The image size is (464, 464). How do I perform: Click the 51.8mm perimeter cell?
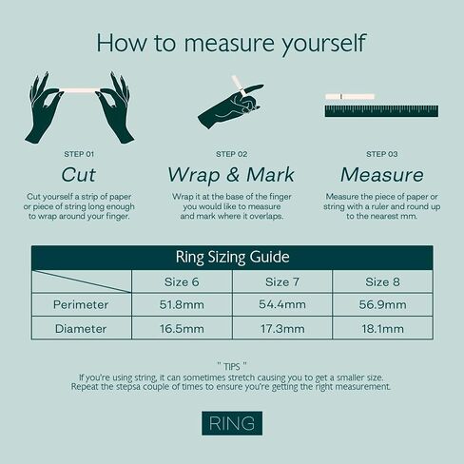pyautogui.click(x=182, y=304)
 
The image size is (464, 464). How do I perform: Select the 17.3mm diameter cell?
pyautogui.click(x=282, y=328)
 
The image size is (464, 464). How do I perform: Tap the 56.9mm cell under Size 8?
pyautogui.click(x=382, y=304)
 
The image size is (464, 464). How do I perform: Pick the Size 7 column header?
pyautogui.click(x=282, y=281)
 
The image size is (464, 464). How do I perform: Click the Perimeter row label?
pyautogui.click(x=81, y=304)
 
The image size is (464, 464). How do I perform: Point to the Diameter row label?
pyautogui.click(x=81, y=329)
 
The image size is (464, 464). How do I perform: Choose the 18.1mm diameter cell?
pyautogui.click(x=382, y=328)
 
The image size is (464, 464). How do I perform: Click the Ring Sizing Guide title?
pyautogui.click(x=232, y=257)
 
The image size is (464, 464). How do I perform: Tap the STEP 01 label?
pyautogui.click(x=79, y=154)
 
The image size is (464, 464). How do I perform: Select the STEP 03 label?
pyautogui.click(x=382, y=154)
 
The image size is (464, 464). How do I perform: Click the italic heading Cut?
pyautogui.click(x=79, y=175)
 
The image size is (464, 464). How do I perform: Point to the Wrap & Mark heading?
pyautogui.click(x=231, y=175)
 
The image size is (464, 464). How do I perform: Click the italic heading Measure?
pyautogui.click(x=382, y=175)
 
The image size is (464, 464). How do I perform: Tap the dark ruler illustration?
pyautogui.click(x=381, y=111)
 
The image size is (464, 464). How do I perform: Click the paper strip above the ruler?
pyautogui.click(x=350, y=96)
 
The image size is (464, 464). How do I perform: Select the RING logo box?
pyautogui.click(x=232, y=423)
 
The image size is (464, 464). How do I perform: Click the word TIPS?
pyautogui.click(x=232, y=367)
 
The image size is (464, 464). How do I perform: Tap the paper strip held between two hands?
pyautogui.click(x=79, y=90)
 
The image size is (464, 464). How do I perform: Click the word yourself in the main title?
pyautogui.click(x=324, y=44)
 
